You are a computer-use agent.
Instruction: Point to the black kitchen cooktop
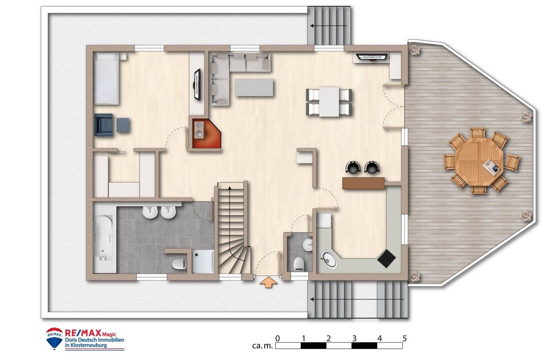click(386, 258)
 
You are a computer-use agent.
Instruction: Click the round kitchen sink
click(329, 260)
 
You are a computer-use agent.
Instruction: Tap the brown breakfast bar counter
click(364, 183)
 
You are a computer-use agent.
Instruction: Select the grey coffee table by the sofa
click(254, 88)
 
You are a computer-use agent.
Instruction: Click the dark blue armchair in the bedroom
click(104, 125)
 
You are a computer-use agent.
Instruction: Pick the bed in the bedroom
click(106, 79)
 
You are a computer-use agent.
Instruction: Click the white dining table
click(329, 102)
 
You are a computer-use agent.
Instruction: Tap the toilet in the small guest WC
click(298, 264)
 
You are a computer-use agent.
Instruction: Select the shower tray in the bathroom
click(203, 261)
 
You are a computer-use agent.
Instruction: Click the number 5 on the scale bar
click(404, 339)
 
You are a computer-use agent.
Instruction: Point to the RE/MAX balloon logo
click(54, 339)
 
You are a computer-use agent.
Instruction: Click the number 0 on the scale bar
click(277, 339)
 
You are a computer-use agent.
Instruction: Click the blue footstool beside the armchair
click(123, 125)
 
